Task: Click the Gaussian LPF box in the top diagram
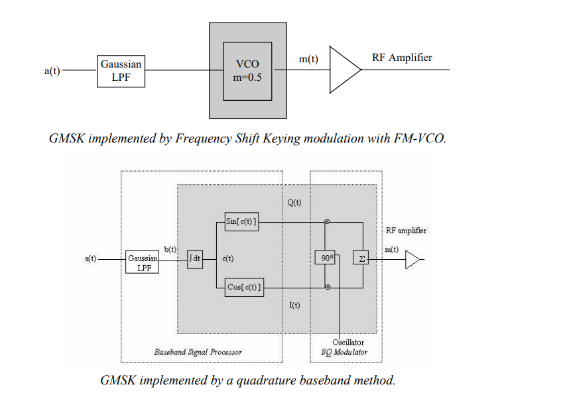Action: [x=121, y=71]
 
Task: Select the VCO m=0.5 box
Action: [x=247, y=71]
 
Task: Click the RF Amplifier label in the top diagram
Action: [x=402, y=58]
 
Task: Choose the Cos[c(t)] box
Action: [x=243, y=287]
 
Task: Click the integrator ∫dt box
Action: [x=195, y=258]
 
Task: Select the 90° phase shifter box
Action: [x=325, y=258]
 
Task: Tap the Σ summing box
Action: [x=362, y=258]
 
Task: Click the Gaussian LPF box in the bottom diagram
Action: [x=142, y=262]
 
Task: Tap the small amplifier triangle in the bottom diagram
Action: [x=413, y=260]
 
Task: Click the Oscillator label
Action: [x=348, y=342]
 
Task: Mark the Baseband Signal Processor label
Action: [x=198, y=352]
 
